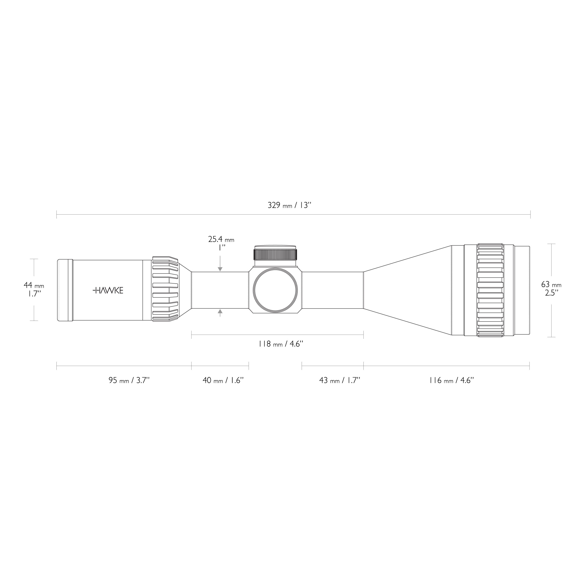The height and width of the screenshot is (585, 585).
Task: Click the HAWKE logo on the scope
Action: [x=108, y=290]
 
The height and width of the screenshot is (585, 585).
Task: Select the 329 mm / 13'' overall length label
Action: [x=289, y=205]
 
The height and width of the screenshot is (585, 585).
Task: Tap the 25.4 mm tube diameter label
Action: [x=221, y=240]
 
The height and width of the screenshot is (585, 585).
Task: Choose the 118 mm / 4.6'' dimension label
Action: [x=281, y=344]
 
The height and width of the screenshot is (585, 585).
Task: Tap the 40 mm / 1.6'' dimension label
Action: [x=223, y=380]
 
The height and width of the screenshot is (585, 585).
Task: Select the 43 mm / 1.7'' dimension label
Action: [x=340, y=380]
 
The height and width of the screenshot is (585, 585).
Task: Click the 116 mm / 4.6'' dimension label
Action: [x=451, y=380]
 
